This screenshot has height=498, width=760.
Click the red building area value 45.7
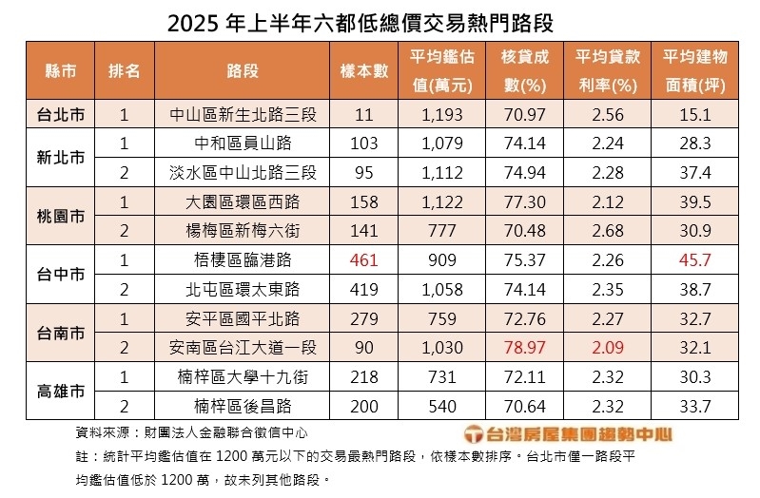(695, 259)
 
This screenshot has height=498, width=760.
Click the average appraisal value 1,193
(441, 115)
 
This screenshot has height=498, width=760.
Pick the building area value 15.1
(695, 115)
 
